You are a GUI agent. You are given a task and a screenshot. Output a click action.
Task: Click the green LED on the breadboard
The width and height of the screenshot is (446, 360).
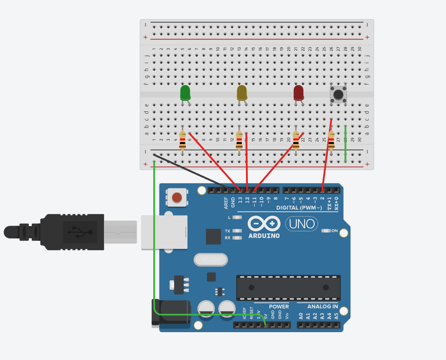pos(185,93)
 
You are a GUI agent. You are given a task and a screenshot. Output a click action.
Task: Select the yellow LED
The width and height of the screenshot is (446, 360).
pos(242,92)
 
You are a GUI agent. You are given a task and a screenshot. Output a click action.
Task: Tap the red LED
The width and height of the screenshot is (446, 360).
pos(299,92)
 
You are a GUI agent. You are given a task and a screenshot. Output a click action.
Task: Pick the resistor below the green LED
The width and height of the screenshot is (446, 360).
pos(182,140)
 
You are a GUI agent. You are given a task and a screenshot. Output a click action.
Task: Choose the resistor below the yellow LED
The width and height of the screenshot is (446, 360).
pos(239,141)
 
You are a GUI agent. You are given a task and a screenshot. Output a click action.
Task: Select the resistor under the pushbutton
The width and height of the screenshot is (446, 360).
pos(331,140)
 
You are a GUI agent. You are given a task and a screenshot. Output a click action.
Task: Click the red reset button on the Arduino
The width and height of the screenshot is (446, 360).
pos(177,197)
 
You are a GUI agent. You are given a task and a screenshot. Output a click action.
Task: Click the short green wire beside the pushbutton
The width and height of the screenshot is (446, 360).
pos(345,144)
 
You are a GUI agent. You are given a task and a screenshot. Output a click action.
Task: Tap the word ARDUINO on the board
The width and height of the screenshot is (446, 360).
pos(264,236)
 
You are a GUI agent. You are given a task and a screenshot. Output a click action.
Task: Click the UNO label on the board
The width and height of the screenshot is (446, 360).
pos(302,224)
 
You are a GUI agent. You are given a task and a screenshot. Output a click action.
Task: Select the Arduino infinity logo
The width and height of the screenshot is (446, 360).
pos(264,224)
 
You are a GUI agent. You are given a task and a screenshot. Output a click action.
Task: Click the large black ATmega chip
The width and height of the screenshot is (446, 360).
pos(288,288)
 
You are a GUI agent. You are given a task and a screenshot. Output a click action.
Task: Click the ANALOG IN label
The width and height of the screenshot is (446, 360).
pos(322,307)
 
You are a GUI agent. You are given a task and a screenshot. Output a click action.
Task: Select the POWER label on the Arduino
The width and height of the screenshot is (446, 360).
pos(279,307)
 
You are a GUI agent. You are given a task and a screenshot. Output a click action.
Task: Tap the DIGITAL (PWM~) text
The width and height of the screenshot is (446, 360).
pos(299,208)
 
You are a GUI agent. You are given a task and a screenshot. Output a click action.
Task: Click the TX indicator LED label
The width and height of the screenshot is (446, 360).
pos(227,231)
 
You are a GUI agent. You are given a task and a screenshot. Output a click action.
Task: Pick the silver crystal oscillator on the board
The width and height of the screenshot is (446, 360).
pos(211,260)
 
